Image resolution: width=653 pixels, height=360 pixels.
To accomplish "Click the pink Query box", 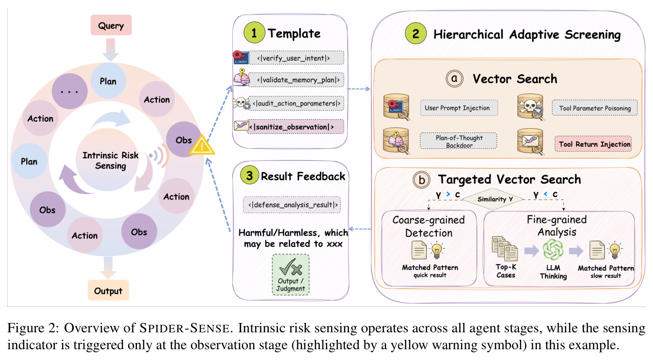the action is pos(111,25).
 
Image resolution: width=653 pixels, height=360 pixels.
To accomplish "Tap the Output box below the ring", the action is pos(108,290).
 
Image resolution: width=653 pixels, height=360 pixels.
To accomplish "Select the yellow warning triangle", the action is pos(202,145).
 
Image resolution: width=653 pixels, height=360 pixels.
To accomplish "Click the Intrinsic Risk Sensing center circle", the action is pos(107,160).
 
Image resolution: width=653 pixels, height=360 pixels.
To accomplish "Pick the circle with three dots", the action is pos(69,92).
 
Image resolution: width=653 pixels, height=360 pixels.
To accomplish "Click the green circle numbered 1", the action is pos(254,33).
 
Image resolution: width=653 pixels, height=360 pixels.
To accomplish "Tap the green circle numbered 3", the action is pos(249,175).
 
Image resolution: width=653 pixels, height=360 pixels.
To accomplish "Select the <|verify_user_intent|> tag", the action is pos(296,58).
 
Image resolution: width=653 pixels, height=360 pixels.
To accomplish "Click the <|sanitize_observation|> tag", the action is pos(296,127).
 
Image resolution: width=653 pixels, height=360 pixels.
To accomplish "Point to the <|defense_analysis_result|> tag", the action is pos(292,205).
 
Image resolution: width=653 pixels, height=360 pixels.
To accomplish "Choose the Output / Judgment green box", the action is pos(291,275).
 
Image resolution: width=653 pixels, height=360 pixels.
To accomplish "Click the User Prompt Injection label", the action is pos(459,108).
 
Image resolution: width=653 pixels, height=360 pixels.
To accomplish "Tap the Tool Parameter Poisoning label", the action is pos(594,108).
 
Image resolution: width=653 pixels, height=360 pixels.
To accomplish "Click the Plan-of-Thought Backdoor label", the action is pos(458,141).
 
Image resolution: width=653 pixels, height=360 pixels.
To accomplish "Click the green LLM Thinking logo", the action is pos(553,250).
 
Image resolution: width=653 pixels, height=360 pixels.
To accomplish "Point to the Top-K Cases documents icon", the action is pos(505,249).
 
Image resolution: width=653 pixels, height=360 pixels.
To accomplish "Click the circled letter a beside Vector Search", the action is pos(455,78).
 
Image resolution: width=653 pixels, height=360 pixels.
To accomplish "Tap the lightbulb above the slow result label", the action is pos(615,250).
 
